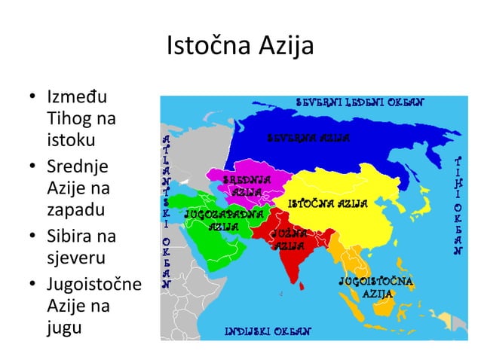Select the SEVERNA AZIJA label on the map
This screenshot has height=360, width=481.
tap(308, 139)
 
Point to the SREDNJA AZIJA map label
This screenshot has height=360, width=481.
tap(247, 186)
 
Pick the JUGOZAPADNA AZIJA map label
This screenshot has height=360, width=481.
tap(224, 220)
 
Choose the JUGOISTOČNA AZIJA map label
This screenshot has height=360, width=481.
tap(376, 287)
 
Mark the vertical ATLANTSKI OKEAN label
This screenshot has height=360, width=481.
tap(167, 211)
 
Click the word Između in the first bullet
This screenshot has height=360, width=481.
tap(77, 98)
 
